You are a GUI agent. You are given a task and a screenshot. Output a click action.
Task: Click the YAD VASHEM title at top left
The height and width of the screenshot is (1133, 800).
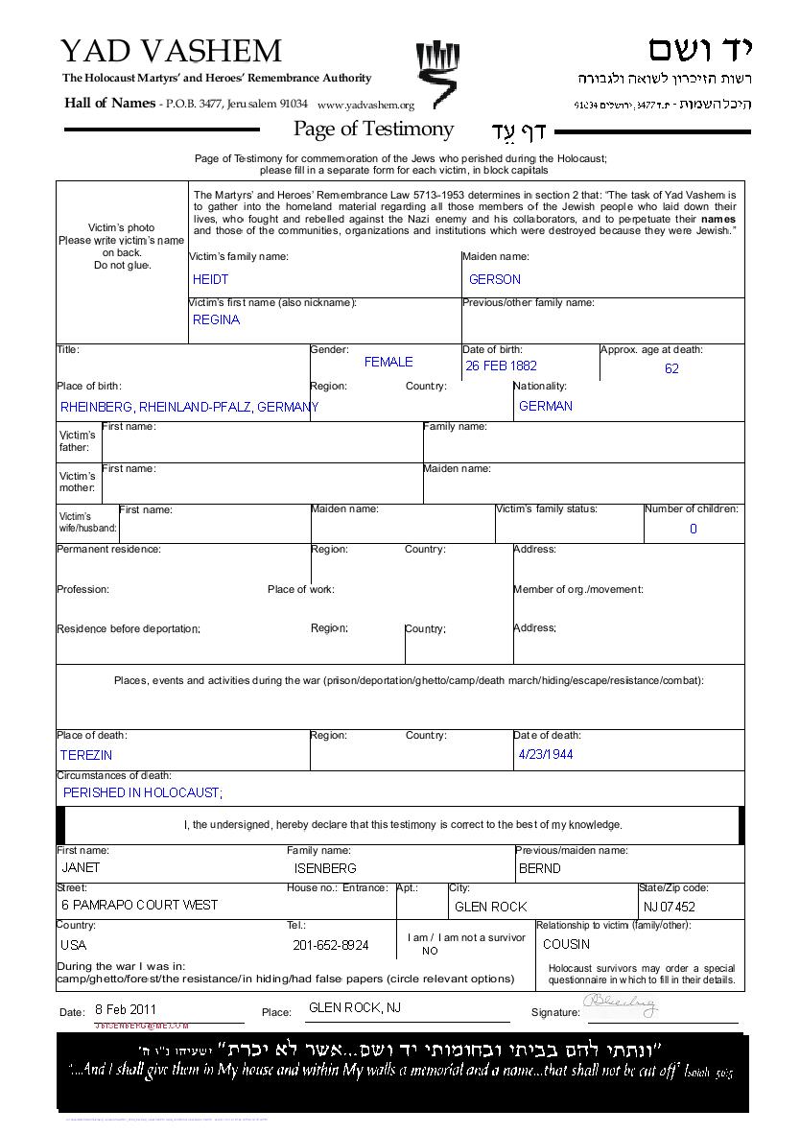coord(171,52)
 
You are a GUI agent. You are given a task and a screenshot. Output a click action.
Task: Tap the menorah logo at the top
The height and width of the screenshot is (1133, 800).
coord(437,74)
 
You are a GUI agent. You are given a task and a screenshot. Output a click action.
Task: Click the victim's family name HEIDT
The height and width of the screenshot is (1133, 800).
coord(211,279)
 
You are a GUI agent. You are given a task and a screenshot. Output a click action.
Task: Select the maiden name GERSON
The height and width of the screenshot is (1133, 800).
coord(495,279)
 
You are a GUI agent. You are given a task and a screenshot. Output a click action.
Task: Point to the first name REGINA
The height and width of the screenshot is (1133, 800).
coord(217,319)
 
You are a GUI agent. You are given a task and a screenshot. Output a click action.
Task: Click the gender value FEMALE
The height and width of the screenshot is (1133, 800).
coord(388,362)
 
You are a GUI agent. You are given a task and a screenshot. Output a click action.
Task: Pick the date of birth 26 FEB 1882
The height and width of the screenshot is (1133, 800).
coord(502,366)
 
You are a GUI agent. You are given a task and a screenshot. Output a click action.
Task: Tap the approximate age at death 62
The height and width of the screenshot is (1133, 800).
coord(671,368)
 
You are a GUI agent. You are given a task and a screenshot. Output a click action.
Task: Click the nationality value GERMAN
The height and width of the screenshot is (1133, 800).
coord(546,406)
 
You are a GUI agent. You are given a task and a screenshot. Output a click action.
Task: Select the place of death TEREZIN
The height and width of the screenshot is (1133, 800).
coord(86,755)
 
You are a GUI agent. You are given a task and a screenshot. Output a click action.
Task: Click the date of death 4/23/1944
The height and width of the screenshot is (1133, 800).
coord(546,754)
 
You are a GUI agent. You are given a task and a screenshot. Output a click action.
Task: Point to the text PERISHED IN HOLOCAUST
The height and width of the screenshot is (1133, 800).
coord(143,792)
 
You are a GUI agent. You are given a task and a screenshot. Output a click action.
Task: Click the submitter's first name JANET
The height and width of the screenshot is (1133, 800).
coord(81,867)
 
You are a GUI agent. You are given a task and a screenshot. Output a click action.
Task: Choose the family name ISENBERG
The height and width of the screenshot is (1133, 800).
coord(325,868)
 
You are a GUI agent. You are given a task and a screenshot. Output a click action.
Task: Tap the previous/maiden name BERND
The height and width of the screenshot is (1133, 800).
coord(540,868)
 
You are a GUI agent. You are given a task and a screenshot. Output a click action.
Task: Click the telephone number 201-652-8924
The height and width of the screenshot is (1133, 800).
coord(331,945)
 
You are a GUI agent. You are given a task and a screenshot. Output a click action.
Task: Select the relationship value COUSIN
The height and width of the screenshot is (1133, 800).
coord(567,944)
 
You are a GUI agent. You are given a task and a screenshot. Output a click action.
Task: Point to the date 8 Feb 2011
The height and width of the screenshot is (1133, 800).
coord(126,1009)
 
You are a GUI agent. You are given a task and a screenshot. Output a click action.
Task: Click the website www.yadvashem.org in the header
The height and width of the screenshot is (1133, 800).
coord(365,106)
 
